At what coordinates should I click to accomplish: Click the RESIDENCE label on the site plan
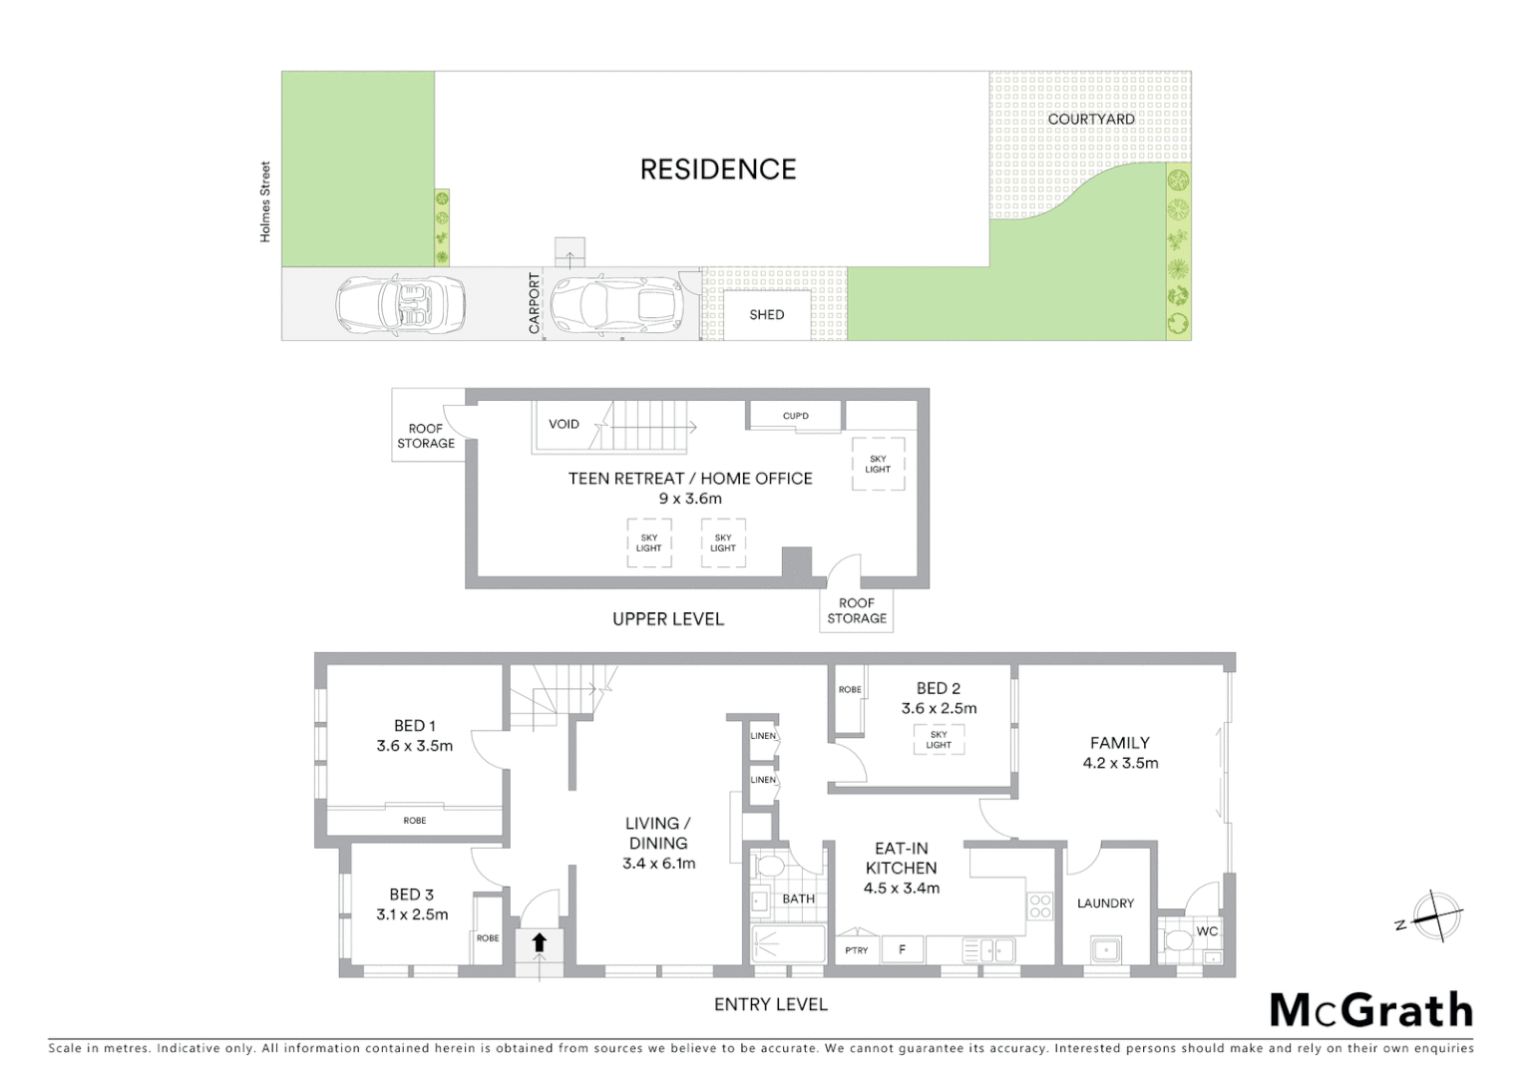click(718, 170)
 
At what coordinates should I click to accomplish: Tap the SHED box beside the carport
click(767, 315)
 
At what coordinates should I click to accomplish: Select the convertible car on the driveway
click(399, 304)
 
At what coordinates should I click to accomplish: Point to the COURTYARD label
click(1091, 119)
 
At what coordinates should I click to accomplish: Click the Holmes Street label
click(265, 201)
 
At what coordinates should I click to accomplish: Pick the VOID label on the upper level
click(564, 424)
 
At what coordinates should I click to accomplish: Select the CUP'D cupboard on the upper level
click(795, 416)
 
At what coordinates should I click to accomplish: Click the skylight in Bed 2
click(939, 739)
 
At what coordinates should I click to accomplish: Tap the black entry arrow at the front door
click(540, 942)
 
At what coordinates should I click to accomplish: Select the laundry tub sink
click(1105, 948)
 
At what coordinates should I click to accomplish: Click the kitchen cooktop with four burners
click(1040, 905)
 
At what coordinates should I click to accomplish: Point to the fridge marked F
click(902, 949)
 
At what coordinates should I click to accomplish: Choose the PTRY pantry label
click(857, 950)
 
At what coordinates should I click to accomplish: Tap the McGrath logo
click(1371, 1010)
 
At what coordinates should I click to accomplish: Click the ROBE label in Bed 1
click(415, 821)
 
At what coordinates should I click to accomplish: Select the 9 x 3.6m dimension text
click(690, 499)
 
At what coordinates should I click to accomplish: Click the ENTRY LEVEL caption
click(771, 1004)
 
